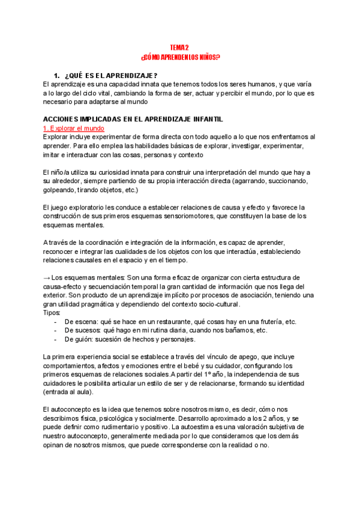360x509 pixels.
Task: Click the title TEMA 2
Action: (x=179, y=47)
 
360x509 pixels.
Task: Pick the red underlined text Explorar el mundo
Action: (x=74, y=128)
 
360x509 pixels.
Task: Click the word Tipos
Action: (x=52, y=313)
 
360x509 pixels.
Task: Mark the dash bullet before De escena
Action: (x=55, y=322)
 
